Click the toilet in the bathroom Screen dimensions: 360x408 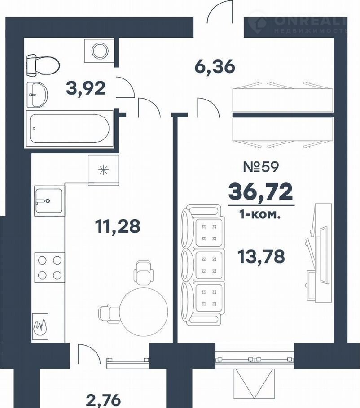[x=43, y=65]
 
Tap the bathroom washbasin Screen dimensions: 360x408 [x=37, y=95]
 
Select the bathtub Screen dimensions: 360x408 [x=70, y=129]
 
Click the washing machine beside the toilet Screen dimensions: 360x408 [x=100, y=51]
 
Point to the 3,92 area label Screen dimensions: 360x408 [x=86, y=88]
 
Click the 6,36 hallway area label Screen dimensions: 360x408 [x=215, y=67]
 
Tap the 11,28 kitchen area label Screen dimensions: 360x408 [x=118, y=226]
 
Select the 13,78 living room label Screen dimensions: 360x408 [x=261, y=256]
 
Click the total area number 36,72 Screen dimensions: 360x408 [x=260, y=191]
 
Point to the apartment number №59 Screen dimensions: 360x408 [x=261, y=167]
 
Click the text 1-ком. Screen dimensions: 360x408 [x=260, y=216]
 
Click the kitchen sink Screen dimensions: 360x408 [x=49, y=200]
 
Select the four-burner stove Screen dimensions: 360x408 [x=49, y=268]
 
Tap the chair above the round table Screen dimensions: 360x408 [x=143, y=272]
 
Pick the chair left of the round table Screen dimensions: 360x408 [x=109, y=313]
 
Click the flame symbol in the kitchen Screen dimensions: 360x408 [x=40, y=326]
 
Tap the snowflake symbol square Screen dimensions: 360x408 [x=103, y=170]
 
